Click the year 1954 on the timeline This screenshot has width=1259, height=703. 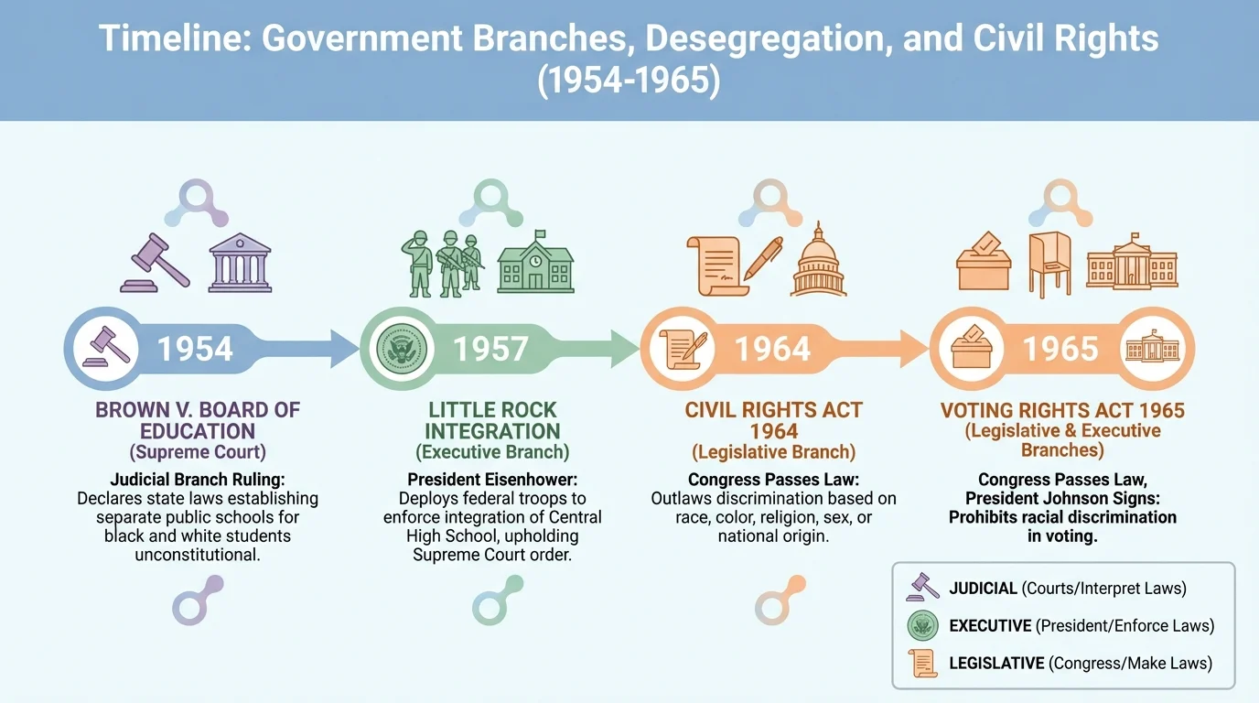pos(195,349)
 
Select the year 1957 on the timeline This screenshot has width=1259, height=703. pos(490,349)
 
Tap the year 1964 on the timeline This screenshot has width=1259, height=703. pos(773,349)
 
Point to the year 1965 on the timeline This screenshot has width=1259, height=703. pos(1060,349)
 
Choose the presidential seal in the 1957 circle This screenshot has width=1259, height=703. pos(400,349)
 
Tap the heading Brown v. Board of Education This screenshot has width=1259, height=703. pos(198,420)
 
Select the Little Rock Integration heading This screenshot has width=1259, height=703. pos(492,420)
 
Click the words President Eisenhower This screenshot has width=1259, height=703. pos(491,480)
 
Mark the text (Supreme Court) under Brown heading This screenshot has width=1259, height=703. pos(198,451)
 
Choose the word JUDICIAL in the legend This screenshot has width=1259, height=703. pos(983,589)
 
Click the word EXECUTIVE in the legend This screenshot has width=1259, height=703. pos(990,626)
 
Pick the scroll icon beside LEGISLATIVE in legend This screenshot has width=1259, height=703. pos(922,663)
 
